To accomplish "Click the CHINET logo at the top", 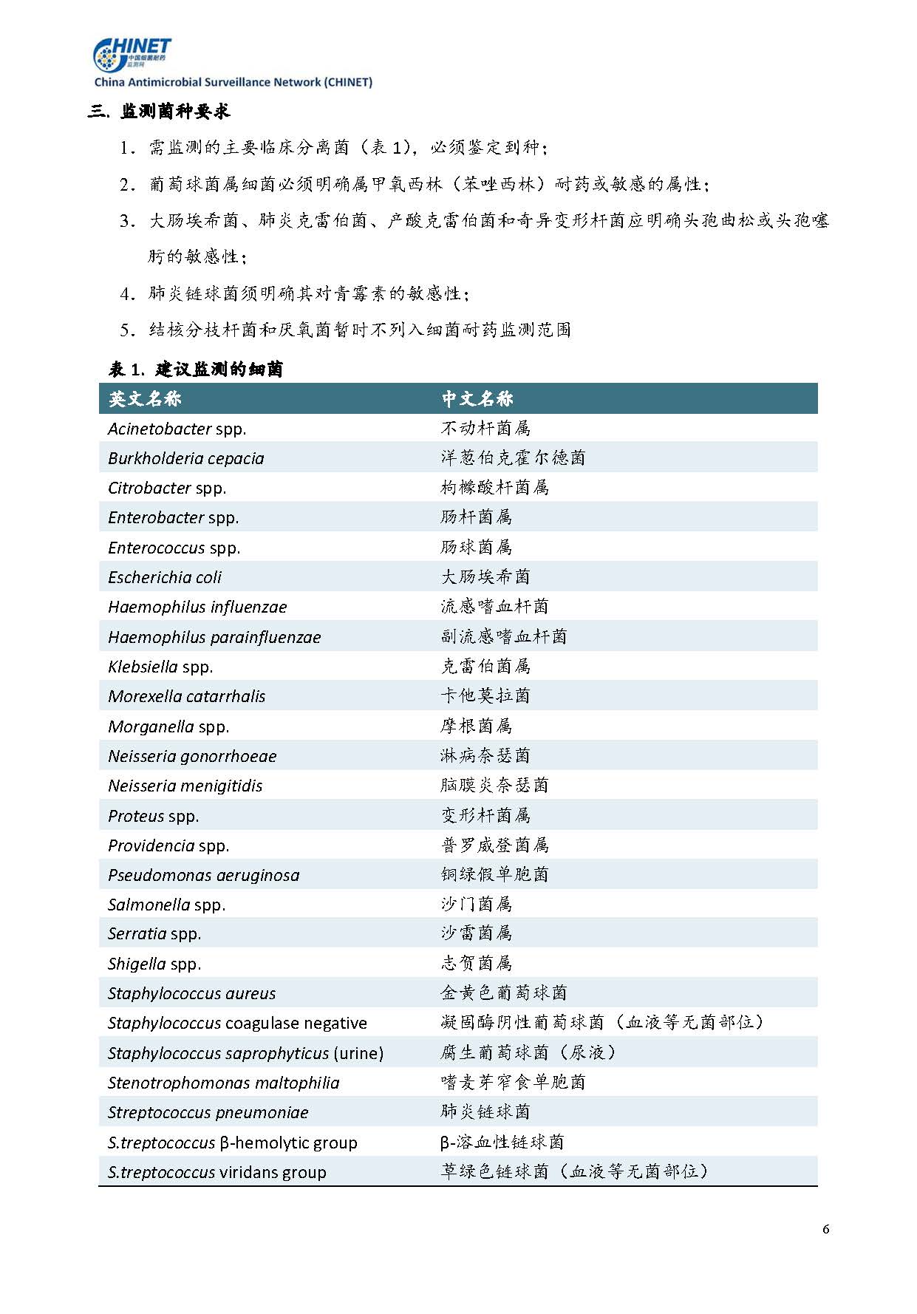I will point(132,54).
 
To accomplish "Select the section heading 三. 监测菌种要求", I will point(159,112).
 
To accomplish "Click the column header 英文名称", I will point(145,399).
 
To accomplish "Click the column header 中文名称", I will point(477,399).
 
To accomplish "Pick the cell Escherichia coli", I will point(165,577).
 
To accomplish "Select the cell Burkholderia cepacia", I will point(185,458).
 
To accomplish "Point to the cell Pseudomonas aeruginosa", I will point(203,875).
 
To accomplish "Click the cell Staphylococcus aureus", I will point(191,993).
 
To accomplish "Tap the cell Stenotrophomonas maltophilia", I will point(223,1083).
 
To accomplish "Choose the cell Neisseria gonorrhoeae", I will point(192,756).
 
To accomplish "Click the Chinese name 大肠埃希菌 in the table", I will point(485,576).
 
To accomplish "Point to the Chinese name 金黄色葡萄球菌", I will point(504,993).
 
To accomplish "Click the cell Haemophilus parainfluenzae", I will point(214,637).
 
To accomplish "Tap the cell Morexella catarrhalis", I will point(186,696).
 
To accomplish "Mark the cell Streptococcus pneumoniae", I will point(208,1112).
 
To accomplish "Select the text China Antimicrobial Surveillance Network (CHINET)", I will point(233,83).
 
